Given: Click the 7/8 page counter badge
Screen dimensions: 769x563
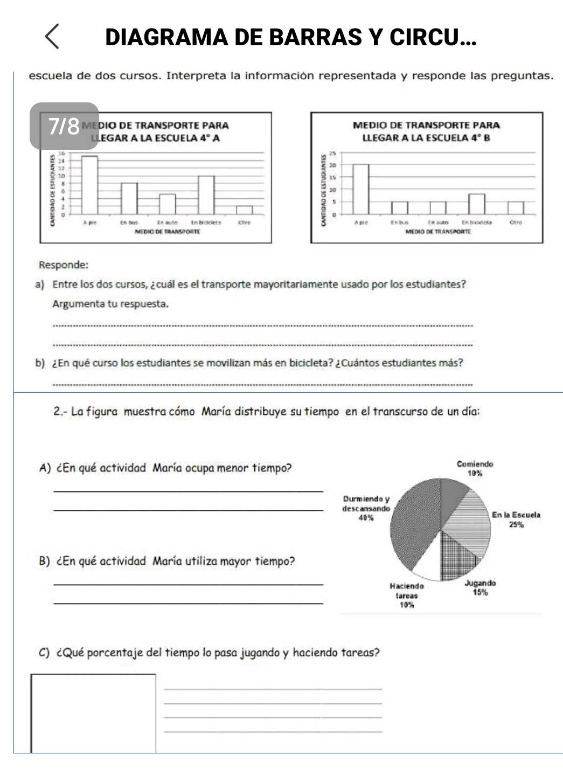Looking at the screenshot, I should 64,126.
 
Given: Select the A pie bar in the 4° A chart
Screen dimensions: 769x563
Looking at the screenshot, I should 89,185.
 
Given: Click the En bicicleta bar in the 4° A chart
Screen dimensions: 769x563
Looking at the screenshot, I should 206,195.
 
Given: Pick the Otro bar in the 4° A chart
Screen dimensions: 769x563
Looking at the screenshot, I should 244,210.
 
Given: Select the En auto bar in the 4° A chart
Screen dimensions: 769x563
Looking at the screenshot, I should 167,204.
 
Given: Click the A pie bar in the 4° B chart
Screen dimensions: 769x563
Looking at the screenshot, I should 361,189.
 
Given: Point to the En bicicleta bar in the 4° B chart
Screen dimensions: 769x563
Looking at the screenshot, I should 476,204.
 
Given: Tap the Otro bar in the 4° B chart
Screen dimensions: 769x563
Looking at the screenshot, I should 516,207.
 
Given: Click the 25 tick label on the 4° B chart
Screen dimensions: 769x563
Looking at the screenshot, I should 332,153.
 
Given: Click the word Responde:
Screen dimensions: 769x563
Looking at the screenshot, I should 64,265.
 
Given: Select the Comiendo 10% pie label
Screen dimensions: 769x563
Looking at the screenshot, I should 475,468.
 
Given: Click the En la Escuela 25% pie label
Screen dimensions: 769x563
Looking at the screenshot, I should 516,519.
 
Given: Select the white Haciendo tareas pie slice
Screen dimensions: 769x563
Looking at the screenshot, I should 429,566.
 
